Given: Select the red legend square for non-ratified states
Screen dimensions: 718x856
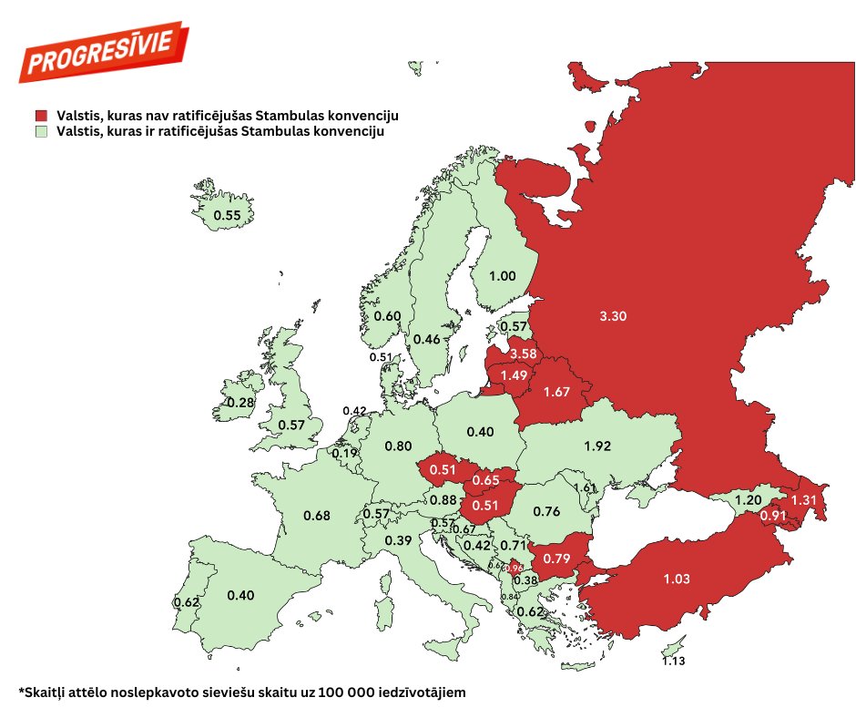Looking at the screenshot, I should [x=40, y=117].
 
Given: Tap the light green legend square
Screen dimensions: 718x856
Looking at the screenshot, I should [x=40, y=132].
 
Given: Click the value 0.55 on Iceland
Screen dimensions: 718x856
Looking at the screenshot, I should [x=226, y=216].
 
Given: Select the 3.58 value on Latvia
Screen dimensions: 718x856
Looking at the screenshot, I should [x=524, y=354].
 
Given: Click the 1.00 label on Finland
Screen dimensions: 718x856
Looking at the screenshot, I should [x=503, y=276].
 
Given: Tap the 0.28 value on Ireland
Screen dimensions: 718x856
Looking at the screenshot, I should [x=240, y=403].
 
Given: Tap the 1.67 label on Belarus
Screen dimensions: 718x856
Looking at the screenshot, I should [x=556, y=392].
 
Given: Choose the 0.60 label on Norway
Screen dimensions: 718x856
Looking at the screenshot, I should [x=387, y=316].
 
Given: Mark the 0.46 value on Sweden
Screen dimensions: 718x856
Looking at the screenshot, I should [x=427, y=339].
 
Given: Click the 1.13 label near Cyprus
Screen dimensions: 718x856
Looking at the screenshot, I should [x=674, y=662].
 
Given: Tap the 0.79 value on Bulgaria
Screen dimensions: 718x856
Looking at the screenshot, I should [x=555, y=557].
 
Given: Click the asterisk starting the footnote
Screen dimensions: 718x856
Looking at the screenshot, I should [x=21, y=692].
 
